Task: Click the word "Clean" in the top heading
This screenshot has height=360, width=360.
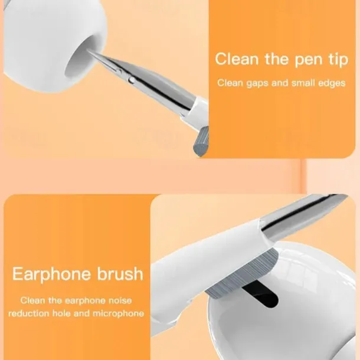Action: (x=237, y=59)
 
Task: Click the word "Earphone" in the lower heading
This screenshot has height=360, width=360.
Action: (x=51, y=274)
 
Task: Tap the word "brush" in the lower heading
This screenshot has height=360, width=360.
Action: (x=120, y=273)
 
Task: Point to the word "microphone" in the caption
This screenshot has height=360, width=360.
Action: (x=118, y=313)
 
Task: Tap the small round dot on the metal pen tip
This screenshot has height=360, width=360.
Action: (x=132, y=80)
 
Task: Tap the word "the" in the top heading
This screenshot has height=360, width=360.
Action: (x=277, y=59)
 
